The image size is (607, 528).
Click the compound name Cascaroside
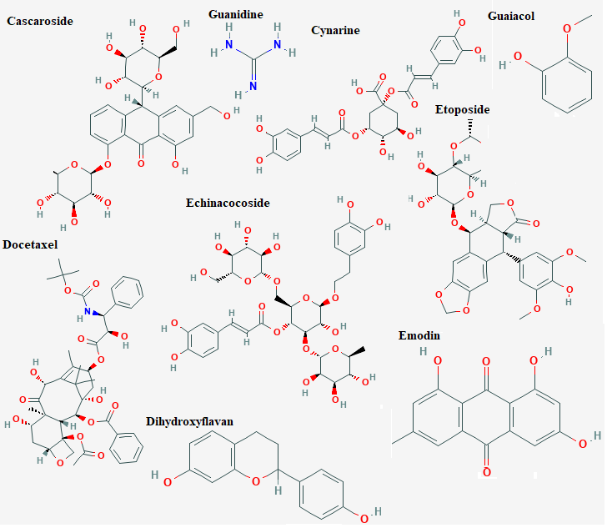tap(40, 21)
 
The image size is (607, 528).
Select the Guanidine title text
tap(236, 14)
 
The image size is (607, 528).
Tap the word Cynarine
tap(336, 30)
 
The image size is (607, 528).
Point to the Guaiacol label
tap(511, 16)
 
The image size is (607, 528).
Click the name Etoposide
tap(462, 109)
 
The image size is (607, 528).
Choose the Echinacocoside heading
tap(228, 203)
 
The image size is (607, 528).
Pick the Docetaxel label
tap(30, 245)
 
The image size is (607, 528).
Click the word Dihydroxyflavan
tap(190, 421)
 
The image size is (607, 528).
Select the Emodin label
tap(419, 335)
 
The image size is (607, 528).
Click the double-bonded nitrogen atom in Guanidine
tap(253, 86)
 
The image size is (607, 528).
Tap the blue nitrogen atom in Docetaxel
tap(88, 311)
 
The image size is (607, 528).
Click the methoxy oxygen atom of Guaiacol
tap(567, 28)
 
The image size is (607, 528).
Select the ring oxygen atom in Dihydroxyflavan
tap(255, 481)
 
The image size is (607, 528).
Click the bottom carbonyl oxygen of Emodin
tap(487, 472)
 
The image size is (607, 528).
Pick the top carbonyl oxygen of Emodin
tap(486, 362)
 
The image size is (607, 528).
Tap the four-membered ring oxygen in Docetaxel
tap(60, 463)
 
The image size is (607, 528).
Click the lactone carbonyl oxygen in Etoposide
tap(536, 224)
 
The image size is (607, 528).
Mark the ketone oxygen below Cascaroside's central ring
tap(141, 163)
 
